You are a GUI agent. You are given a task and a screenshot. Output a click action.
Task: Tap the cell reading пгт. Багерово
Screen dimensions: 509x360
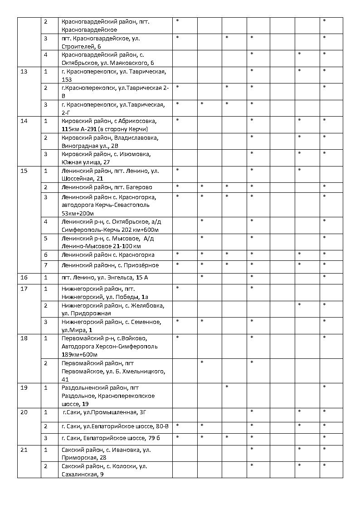tap(107, 187)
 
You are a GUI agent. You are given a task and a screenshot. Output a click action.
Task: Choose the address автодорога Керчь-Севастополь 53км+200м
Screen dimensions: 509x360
tap(109, 205)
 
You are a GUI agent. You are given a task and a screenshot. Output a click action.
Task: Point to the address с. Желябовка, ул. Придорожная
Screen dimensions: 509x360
tap(112, 309)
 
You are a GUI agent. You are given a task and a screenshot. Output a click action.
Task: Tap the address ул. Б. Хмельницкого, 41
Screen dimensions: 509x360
tap(113, 371)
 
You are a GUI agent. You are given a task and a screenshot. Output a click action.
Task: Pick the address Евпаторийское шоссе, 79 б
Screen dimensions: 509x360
tap(111, 438)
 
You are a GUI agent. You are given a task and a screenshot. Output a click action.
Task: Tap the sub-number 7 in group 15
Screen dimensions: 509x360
tap(45, 265)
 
